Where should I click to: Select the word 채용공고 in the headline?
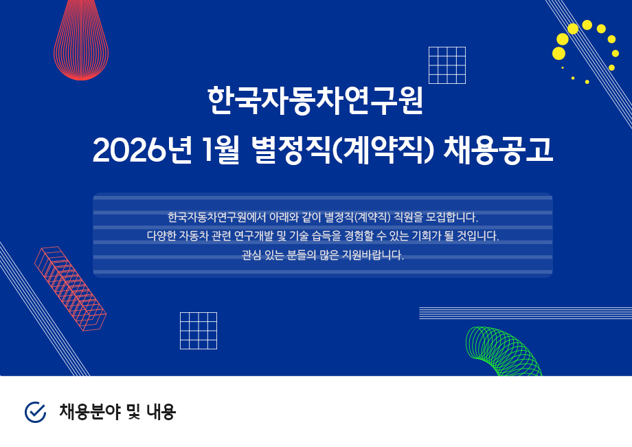click(498, 150)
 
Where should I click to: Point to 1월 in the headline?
click(221, 150)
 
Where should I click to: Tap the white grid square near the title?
click(447, 65)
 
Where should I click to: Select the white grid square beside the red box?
click(199, 331)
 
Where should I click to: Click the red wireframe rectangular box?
click(71, 289)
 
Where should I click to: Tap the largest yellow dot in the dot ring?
click(558, 53)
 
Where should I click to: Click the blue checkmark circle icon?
click(36, 412)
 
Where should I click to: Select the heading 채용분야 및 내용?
click(117, 412)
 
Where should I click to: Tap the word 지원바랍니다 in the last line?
click(373, 255)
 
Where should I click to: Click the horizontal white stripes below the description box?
click(526, 313)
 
